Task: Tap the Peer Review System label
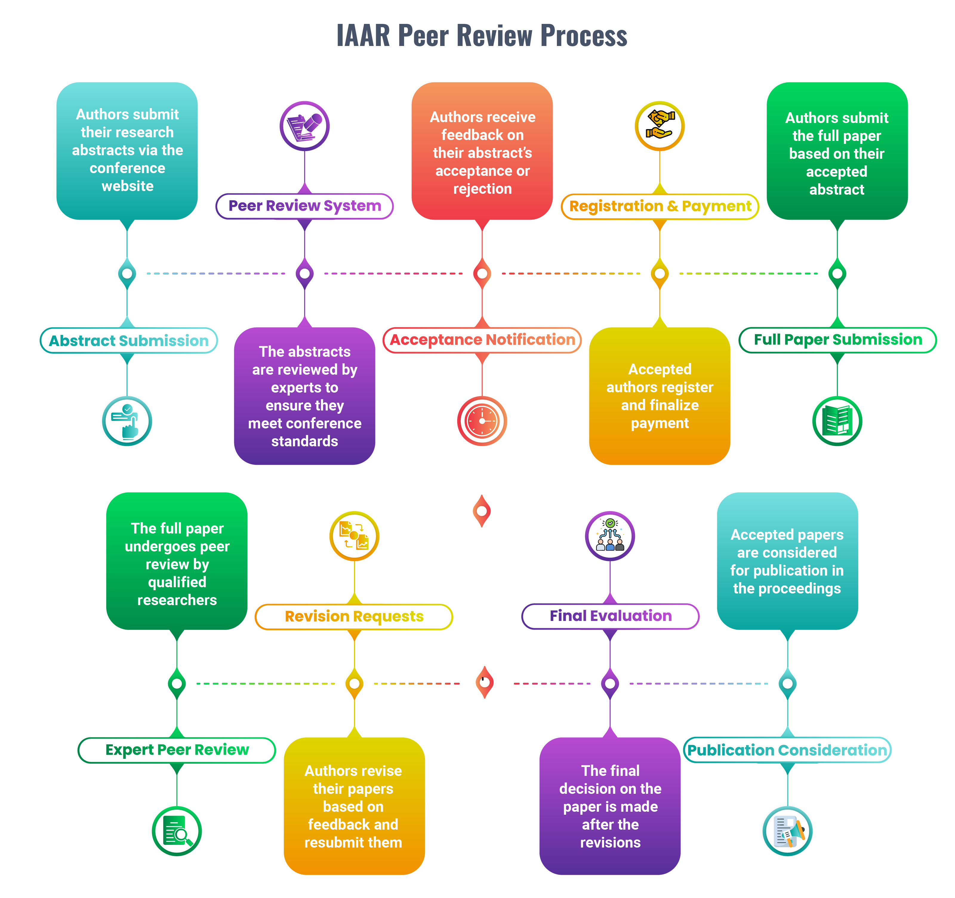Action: (x=305, y=206)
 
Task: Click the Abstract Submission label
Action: (x=129, y=341)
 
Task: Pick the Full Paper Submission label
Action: (x=837, y=340)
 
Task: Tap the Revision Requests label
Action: (x=354, y=616)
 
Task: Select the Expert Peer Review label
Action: (x=177, y=750)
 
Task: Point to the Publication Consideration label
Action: (x=787, y=751)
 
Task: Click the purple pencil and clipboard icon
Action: (x=305, y=126)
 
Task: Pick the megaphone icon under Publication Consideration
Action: (x=787, y=831)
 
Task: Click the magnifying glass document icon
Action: (x=177, y=831)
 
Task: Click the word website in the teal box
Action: (x=127, y=186)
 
